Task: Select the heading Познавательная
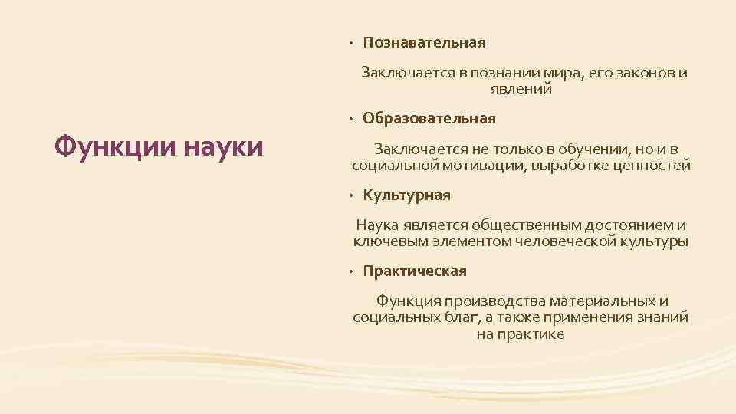(x=424, y=42)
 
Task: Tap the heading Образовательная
(x=429, y=119)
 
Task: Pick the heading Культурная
(x=406, y=195)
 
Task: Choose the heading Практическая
(x=415, y=271)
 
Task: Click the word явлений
(x=521, y=90)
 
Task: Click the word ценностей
(x=654, y=166)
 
